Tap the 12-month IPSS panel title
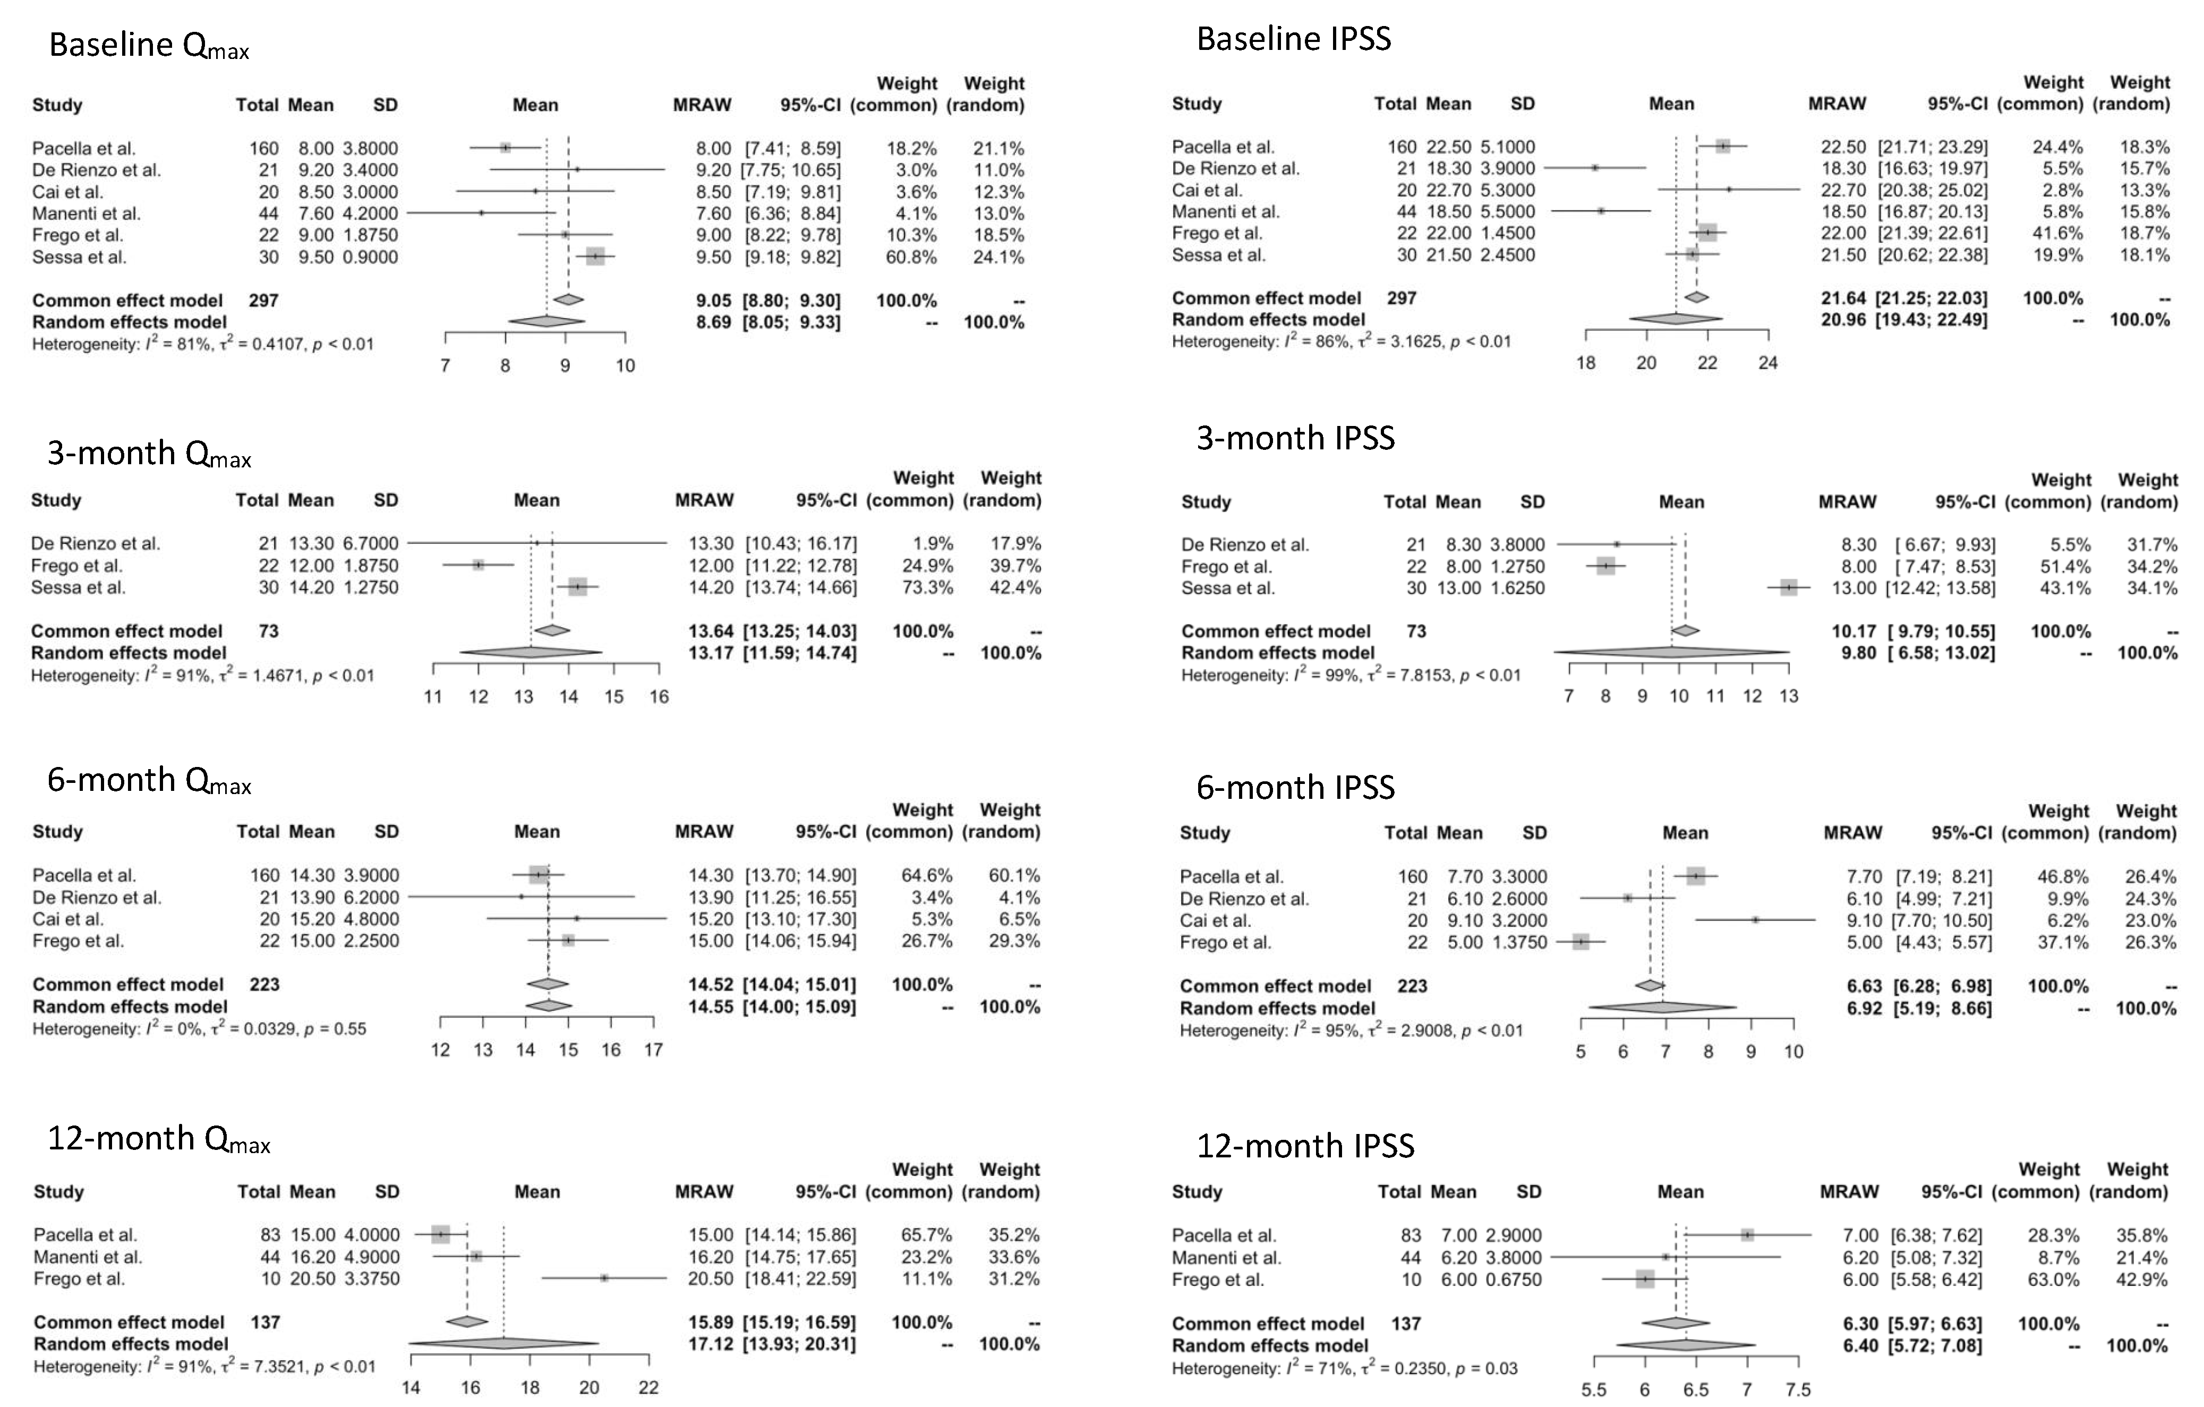(x=1305, y=1145)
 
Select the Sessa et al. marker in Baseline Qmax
(x=595, y=257)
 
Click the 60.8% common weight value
(x=911, y=257)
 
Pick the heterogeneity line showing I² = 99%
(x=1350, y=676)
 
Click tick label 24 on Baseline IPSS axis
(x=1767, y=363)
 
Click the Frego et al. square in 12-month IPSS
(x=1645, y=1279)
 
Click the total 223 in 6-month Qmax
(x=264, y=984)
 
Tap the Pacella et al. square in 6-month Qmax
(x=539, y=875)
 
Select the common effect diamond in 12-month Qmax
(x=467, y=1322)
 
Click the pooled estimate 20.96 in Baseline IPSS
(x=1842, y=319)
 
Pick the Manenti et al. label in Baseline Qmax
(x=86, y=214)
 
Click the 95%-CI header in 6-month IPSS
(x=1961, y=832)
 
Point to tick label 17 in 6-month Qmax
(x=653, y=1050)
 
